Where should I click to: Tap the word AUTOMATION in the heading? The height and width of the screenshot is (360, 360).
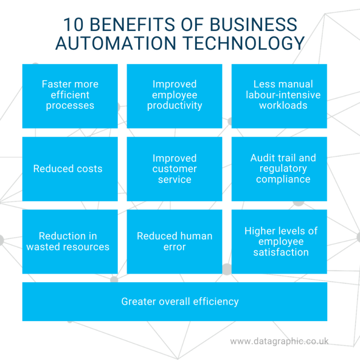pos(115,43)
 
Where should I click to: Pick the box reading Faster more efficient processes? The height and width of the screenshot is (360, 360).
pos(70,96)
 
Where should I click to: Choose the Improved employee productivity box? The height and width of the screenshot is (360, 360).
pos(174,96)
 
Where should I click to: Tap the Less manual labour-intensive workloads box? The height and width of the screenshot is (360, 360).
pos(279,96)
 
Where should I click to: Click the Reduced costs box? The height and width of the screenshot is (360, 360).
pos(70,169)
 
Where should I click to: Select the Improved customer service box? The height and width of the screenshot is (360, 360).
pos(174,169)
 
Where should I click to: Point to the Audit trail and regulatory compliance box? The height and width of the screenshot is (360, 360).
pos(279,169)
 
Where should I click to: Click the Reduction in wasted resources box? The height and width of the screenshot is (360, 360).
pos(70,241)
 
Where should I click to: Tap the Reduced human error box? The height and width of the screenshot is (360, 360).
pos(174,241)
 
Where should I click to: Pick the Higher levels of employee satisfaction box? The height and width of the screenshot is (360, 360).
pos(279,241)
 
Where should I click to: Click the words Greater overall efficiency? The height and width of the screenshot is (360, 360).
pos(180,301)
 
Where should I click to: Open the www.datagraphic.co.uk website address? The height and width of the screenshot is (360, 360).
pos(279,341)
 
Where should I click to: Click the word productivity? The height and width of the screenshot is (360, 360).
pos(174,105)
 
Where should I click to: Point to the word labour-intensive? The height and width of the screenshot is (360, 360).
pos(283,95)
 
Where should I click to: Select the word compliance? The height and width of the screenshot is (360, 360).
pos(283,179)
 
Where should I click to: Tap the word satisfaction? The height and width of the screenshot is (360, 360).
pos(281,252)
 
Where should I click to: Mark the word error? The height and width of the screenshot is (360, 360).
pos(174,247)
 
